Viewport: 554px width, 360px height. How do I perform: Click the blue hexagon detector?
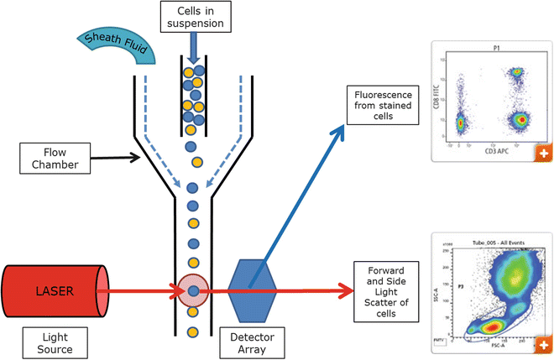(x=251, y=290)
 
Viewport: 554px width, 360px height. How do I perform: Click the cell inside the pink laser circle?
(x=195, y=291)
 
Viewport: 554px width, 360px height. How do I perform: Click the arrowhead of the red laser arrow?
(x=346, y=291)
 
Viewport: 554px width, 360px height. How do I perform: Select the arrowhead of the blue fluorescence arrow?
(x=340, y=130)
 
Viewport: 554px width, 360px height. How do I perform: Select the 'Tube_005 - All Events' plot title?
(x=491, y=240)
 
